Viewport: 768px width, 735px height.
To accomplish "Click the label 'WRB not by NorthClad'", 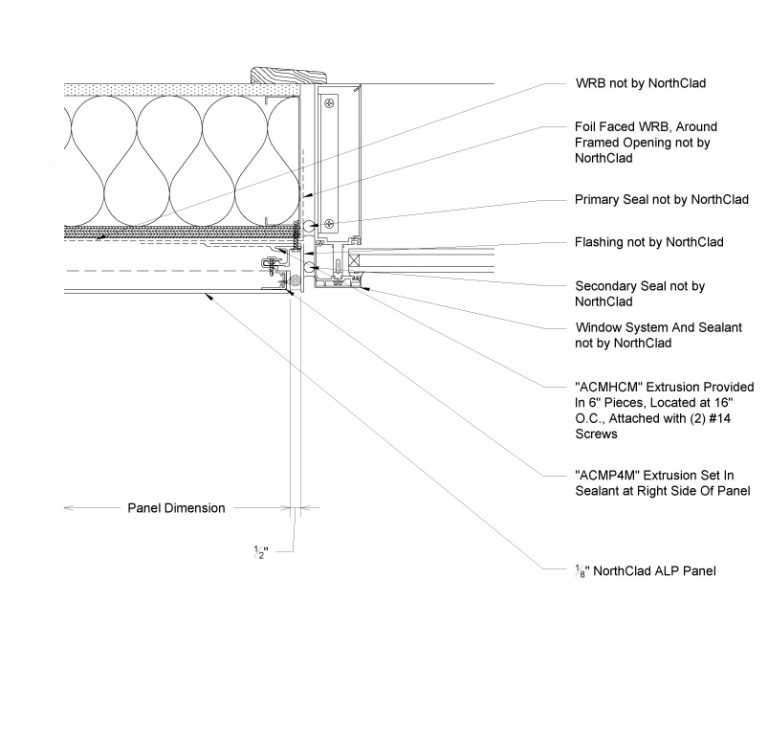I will [x=640, y=83].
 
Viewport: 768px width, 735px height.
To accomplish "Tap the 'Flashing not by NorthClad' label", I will [x=648, y=242].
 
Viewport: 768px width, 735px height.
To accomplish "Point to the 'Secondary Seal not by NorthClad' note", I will [x=639, y=293].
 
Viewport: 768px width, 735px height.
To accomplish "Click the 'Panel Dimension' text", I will [x=176, y=508].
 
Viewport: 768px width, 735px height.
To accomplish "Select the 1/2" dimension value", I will [x=263, y=552].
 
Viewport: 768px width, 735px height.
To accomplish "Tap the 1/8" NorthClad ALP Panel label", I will [x=645, y=571].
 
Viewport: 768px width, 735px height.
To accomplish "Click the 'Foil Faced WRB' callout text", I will [x=645, y=142].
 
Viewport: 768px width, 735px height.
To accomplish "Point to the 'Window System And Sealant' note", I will [x=658, y=335].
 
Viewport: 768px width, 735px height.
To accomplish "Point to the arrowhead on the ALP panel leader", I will [x=205, y=295].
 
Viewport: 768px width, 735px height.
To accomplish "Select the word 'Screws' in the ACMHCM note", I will [x=596, y=435].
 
